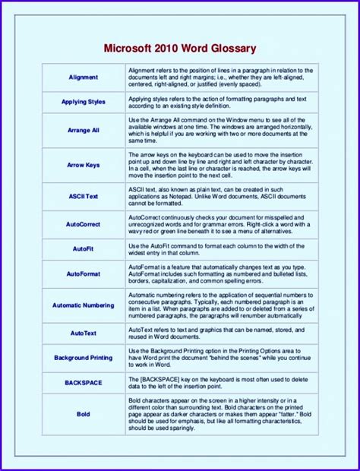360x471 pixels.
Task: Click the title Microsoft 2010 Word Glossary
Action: tap(179, 49)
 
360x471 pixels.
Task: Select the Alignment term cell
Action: tap(83, 77)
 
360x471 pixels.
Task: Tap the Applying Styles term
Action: tap(83, 102)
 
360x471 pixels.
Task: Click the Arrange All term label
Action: tap(83, 130)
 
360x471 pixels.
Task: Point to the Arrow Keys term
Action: tap(83, 165)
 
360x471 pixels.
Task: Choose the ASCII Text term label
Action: tap(83, 196)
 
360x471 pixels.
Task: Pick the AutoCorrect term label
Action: tap(83, 224)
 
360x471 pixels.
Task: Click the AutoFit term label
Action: tap(83, 249)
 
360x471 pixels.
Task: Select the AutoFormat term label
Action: tap(83, 273)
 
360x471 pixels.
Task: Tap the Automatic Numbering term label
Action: tap(83, 305)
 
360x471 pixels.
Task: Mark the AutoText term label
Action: tap(83, 333)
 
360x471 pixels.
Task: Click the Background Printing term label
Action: tap(83, 358)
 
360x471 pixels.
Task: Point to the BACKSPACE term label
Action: tap(83, 382)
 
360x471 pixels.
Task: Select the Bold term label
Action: tap(83, 414)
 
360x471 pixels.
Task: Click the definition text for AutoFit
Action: tap(220, 249)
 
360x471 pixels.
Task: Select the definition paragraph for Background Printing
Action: tap(220, 358)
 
